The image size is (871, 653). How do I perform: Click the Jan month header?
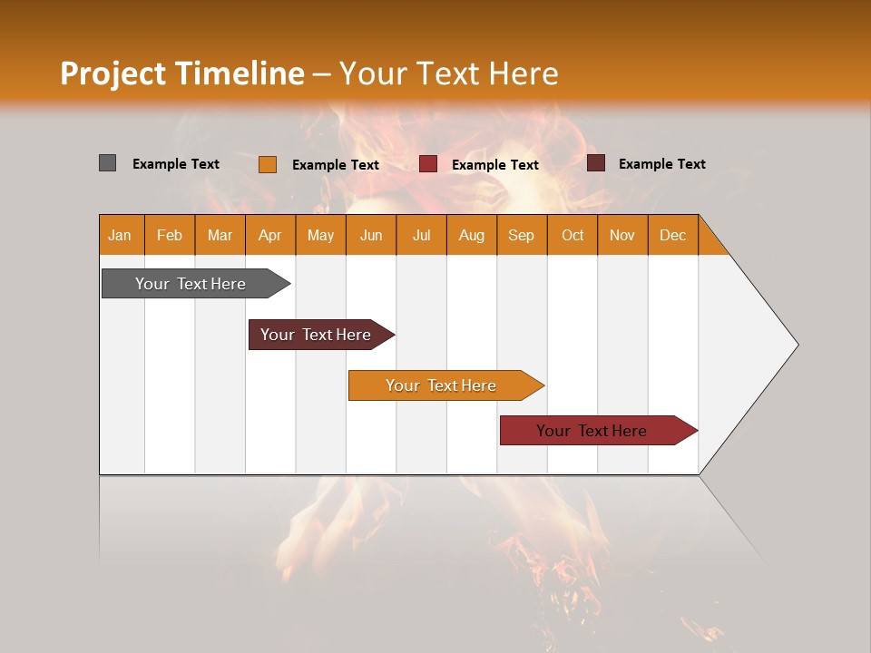pos(121,235)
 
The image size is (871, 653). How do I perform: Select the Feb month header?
pos(170,235)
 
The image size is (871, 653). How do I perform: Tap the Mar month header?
pos(220,235)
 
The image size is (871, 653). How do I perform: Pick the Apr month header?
pos(270,235)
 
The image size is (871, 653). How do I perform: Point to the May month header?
pos(320,235)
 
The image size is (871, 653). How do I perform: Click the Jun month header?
pos(371,235)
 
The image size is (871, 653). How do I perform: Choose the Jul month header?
pos(421,235)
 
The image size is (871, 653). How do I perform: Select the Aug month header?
pos(472,235)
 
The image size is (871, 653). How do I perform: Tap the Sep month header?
pos(522,235)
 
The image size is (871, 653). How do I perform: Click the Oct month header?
pos(573,235)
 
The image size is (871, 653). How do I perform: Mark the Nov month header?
pos(622,235)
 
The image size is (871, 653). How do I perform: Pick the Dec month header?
pos(673,235)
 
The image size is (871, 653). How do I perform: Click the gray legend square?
pos(108,163)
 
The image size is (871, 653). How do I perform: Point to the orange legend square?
pos(268,164)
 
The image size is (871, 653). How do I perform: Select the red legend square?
pos(428,164)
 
